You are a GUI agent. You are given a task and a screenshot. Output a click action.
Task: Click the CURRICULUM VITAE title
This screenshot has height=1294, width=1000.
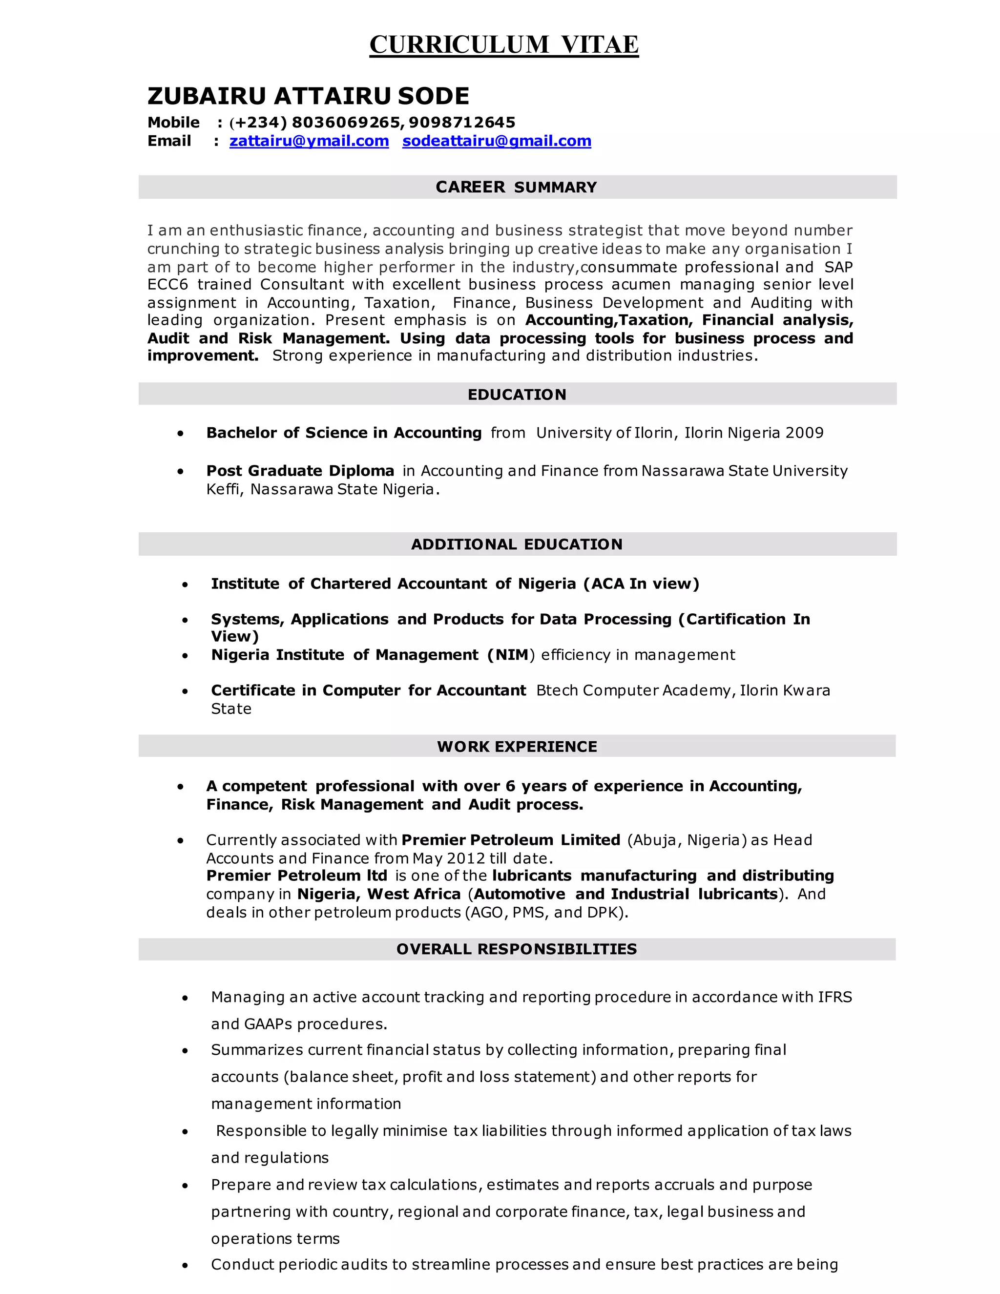(503, 44)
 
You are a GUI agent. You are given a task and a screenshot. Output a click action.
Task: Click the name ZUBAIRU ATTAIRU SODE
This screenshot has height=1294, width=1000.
(308, 96)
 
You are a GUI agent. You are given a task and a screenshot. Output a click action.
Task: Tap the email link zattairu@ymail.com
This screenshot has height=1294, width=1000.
(309, 141)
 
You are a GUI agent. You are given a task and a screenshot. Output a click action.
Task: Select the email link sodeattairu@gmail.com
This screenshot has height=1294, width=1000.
(497, 141)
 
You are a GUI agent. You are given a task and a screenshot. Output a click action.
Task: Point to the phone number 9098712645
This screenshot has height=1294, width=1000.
(461, 123)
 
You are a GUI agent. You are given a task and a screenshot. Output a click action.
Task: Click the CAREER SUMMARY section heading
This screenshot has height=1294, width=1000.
(516, 187)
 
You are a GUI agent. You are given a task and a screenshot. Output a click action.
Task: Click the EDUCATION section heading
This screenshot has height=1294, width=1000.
(517, 395)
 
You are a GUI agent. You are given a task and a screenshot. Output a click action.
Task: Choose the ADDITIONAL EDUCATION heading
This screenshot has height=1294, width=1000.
(517, 544)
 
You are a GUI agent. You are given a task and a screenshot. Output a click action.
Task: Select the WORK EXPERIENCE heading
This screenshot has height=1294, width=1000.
(517, 747)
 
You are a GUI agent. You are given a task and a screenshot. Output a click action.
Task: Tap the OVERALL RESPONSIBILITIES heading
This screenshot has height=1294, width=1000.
(517, 949)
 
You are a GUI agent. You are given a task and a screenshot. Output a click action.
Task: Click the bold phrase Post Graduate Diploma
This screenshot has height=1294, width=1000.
(300, 471)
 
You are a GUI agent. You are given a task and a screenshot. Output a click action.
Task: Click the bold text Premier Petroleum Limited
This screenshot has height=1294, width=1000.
(511, 840)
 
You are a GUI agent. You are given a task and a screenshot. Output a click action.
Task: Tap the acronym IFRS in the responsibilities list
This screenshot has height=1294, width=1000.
(834, 997)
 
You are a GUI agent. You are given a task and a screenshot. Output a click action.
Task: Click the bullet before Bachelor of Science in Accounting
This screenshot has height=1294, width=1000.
(180, 434)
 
